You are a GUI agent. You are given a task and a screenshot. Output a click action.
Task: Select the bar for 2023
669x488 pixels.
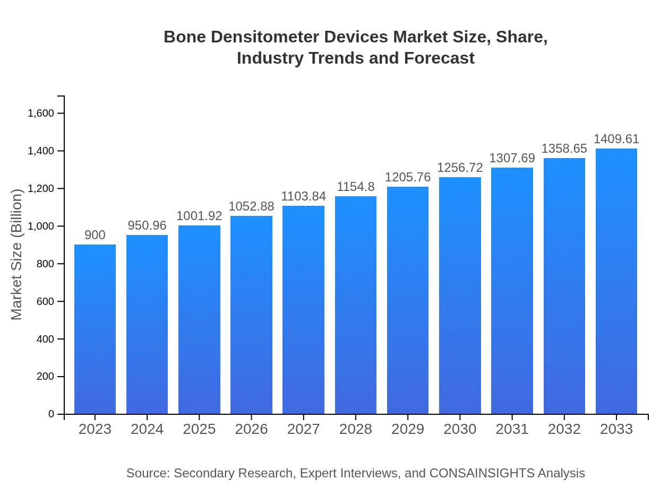pyautogui.click(x=95, y=329)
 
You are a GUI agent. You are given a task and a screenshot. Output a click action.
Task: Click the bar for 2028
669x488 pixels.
pyautogui.click(x=356, y=305)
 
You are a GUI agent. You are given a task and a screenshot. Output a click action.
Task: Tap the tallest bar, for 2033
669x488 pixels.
pyautogui.click(x=616, y=281)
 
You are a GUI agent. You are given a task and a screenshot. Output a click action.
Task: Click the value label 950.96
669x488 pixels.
pyautogui.click(x=147, y=225)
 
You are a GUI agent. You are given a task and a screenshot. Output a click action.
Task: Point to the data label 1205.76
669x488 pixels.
pyautogui.click(x=408, y=177)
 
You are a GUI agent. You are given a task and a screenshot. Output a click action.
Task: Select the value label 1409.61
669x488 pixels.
pyautogui.click(x=616, y=139)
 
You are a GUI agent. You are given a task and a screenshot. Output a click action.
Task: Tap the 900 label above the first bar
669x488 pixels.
pyautogui.click(x=95, y=235)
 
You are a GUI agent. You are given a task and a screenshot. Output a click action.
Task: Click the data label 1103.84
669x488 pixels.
pyautogui.click(x=303, y=196)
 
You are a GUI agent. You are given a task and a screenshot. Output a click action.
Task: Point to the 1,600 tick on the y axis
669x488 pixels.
pyautogui.click(x=41, y=114)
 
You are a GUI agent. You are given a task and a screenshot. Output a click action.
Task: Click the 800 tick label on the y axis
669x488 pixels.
pyautogui.click(x=46, y=264)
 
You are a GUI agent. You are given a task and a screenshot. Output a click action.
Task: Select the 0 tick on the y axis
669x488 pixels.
pyautogui.click(x=52, y=414)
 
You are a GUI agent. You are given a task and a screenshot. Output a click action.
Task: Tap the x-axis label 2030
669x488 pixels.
pyautogui.click(x=460, y=429)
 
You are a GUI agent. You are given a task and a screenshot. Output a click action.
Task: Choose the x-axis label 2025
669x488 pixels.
pyautogui.click(x=199, y=429)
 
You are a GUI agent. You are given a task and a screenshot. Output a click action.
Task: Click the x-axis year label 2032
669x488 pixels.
pyautogui.click(x=564, y=429)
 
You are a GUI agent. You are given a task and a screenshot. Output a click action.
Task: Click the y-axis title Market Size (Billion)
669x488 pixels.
pyautogui.click(x=17, y=255)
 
